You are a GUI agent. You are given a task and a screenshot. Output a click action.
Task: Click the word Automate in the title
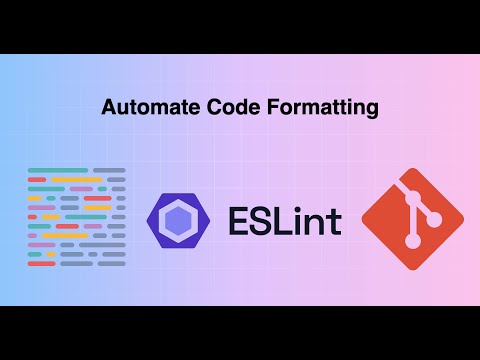click(141, 108)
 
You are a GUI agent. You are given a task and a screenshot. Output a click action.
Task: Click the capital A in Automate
click(108, 108)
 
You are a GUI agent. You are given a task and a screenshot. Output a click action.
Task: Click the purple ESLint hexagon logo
click(176, 219)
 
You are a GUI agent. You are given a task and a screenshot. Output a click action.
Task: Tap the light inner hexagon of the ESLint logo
click(176, 219)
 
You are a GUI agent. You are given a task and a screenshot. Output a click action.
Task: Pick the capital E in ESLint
click(237, 219)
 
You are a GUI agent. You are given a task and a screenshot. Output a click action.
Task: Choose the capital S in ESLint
click(265, 219)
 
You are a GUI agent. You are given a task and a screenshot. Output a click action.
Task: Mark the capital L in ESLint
click(290, 219)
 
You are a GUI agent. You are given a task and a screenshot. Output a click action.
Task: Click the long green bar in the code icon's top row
click(58, 171)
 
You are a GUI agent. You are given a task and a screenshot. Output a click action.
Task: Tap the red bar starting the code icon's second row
click(38, 180)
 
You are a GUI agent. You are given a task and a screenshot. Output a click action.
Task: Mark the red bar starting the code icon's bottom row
click(41, 264)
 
